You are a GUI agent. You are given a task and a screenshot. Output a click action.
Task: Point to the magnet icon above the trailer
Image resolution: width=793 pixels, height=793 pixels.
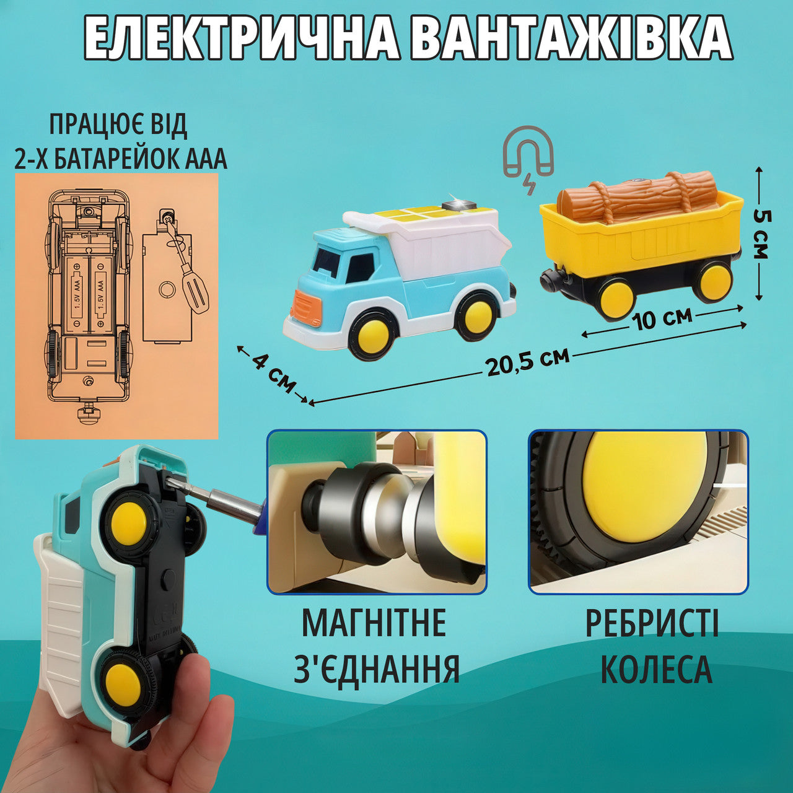(528, 159)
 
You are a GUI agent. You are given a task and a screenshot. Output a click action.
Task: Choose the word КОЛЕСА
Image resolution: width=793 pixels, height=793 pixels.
(656, 681)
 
